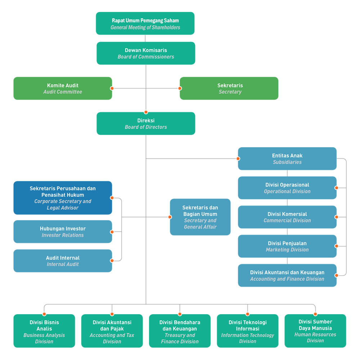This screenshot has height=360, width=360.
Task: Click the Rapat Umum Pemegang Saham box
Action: pos(145,24)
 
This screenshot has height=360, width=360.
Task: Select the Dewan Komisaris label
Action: pos(146,53)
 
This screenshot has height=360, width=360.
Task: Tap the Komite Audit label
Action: pos(63,89)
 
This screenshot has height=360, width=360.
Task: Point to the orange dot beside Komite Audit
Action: pos(112,88)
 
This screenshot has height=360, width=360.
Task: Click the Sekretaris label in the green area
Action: pos(230,89)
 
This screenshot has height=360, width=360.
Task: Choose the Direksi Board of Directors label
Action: pos(146,124)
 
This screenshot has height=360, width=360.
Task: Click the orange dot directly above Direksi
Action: pos(146,112)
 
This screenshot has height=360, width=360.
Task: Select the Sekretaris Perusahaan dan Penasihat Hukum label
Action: pos(63,198)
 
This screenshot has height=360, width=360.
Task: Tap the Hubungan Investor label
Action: pos(63,232)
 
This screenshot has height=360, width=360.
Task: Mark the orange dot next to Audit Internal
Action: pos(113,261)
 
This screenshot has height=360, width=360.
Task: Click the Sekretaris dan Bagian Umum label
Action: pos(200,217)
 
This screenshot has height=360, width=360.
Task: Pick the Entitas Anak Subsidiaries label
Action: pos(287,159)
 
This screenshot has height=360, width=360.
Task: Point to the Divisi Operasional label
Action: pos(287,188)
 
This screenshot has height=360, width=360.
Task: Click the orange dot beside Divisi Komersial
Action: pos(337,217)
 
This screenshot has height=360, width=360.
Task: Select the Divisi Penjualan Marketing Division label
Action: pos(287,246)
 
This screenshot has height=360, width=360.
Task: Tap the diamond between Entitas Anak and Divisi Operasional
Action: pos(287,173)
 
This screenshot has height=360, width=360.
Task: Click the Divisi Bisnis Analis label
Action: pos(44,332)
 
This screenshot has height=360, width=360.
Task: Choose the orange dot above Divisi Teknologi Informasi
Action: pos(247,314)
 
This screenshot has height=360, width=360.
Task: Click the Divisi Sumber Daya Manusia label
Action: pos(315,331)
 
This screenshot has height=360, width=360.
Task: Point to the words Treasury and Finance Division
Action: pos(180,338)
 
